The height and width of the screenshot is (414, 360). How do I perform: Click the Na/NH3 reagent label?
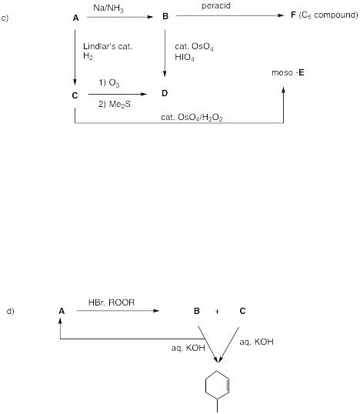pyautogui.click(x=108, y=8)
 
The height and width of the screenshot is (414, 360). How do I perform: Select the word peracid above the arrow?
pyautogui.click(x=216, y=6)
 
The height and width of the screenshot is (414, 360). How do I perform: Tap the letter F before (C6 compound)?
pyautogui.click(x=293, y=15)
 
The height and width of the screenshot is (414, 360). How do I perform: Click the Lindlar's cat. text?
pyautogui.click(x=108, y=46)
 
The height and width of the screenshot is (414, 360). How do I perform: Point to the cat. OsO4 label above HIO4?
pyautogui.click(x=194, y=47)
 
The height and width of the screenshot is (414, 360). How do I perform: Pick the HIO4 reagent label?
pyautogui.click(x=185, y=57)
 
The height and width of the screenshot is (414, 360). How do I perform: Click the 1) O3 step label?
pyautogui.click(x=109, y=83)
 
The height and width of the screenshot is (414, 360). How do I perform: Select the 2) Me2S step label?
pyautogui.click(x=115, y=105)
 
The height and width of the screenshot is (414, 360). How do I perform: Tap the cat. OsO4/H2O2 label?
pyautogui.click(x=192, y=118)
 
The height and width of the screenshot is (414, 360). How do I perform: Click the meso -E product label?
pyautogui.click(x=288, y=72)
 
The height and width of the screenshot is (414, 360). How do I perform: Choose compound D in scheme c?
pyautogui.click(x=165, y=93)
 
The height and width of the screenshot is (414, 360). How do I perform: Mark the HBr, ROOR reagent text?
pyautogui.click(x=112, y=302)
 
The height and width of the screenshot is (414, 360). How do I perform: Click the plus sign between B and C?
pyautogui.click(x=217, y=312)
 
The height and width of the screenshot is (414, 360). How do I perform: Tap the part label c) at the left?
pyautogui.click(x=5, y=18)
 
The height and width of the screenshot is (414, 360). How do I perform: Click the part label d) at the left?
pyautogui.click(x=10, y=311)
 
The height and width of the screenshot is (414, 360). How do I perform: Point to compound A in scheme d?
pyautogui.click(x=62, y=311)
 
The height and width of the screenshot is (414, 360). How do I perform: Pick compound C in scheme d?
pyautogui.click(x=242, y=311)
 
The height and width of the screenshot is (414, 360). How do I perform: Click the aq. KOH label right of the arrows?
pyautogui.click(x=256, y=342)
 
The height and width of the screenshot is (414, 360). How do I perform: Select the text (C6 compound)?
pyautogui.click(x=328, y=15)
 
